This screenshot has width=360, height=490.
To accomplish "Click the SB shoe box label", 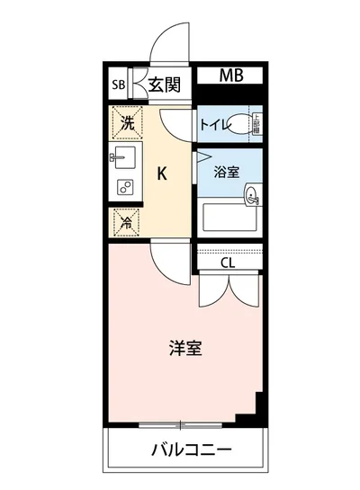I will pyautogui.click(x=118, y=86).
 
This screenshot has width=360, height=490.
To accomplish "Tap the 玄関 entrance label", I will pyautogui.click(x=166, y=85).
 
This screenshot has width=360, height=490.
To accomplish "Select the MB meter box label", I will pyautogui.click(x=228, y=76).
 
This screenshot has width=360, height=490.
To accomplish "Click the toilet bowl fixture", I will pyautogui.click(x=240, y=126).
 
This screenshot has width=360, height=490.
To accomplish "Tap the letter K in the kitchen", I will pyautogui.click(x=163, y=173).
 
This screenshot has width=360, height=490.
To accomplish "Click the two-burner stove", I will pyautogui.click(x=124, y=188).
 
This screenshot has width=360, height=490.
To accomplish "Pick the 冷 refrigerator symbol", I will pyautogui.click(x=127, y=221).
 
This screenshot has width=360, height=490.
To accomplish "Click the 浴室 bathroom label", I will pyautogui.click(x=228, y=172).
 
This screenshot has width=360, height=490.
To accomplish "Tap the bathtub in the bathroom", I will pyautogui.click(x=229, y=218).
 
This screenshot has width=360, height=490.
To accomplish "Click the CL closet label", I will pyautogui.click(x=229, y=263).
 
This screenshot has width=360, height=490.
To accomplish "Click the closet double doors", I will pyautogui.click(x=229, y=290).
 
